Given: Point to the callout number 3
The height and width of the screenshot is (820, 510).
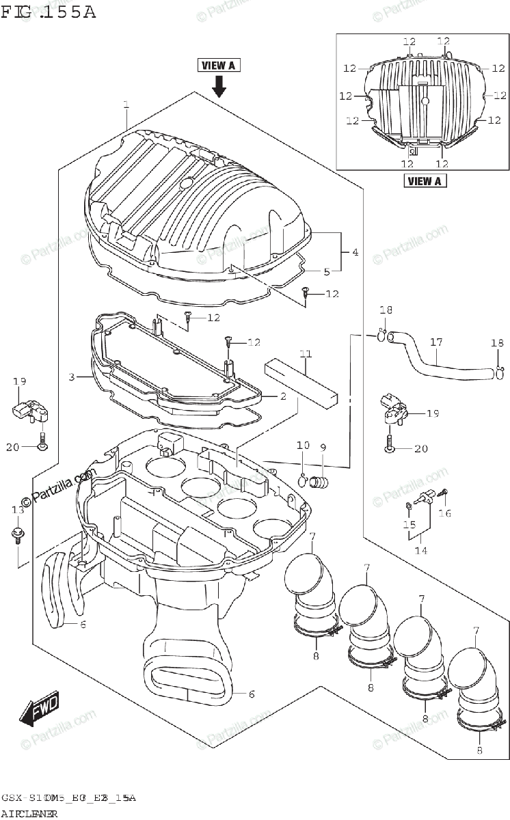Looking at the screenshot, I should pyautogui.click(x=72, y=377).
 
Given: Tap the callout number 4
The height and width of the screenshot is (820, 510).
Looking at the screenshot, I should pyautogui.click(x=355, y=252).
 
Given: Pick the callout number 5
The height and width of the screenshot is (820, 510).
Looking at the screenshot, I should pyautogui.click(x=327, y=271).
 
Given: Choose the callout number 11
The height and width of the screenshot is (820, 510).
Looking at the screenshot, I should pyautogui.click(x=306, y=354).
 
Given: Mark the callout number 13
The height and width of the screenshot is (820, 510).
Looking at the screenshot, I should pyautogui.click(x=18, y=510).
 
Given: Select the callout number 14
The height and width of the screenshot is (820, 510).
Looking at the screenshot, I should pyautogui.click(x=420, y=550).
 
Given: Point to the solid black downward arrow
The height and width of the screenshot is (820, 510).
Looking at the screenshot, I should pyautogui.click(x=219, y=86).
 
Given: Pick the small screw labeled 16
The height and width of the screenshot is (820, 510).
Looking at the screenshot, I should pyautogui.click(x=443, y=492).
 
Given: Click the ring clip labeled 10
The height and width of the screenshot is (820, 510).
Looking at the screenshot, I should pyautogui.click(x=303, y=477).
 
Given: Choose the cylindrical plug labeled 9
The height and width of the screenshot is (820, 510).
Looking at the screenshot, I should pyautogui.click(x=319, y=481).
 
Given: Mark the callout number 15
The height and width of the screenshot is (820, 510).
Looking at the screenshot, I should pyautogui.click(x=409, y=525).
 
